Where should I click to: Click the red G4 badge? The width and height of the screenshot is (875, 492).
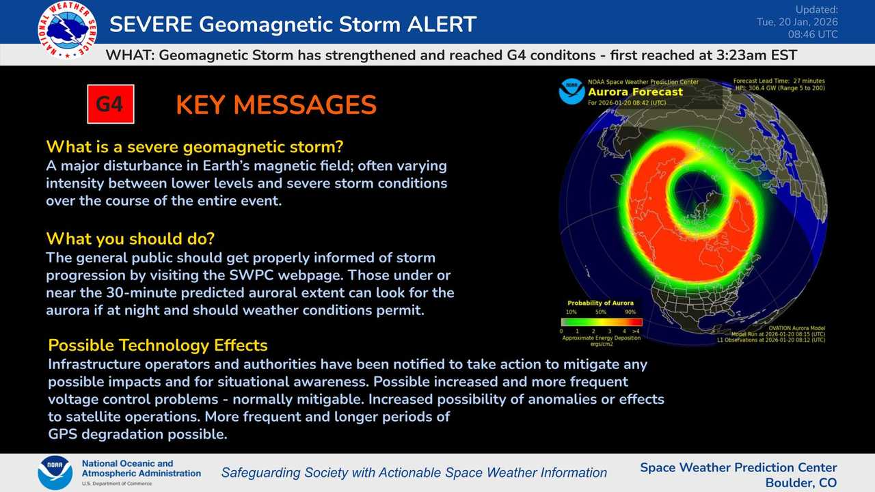click(110, 105)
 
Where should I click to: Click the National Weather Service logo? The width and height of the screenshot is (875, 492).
click(68, 29)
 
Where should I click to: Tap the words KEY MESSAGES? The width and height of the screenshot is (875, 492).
click(276, 105)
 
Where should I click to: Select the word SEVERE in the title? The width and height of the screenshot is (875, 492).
click(150, 25)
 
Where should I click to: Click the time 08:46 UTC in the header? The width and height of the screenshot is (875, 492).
click(813, 33)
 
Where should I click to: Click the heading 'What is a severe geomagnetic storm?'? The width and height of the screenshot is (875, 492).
click(194, 147)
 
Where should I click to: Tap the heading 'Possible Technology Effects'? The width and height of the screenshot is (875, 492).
click(158, 345)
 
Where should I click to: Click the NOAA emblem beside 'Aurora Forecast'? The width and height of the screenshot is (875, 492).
click(571, 92)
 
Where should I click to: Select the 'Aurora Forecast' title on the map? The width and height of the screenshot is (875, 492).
click(635, 92)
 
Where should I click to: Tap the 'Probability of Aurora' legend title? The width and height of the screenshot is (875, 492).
click(600, 303)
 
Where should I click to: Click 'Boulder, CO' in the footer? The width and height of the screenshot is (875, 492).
click(800, 482)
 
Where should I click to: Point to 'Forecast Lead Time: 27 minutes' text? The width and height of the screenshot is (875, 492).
click(779, 81)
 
